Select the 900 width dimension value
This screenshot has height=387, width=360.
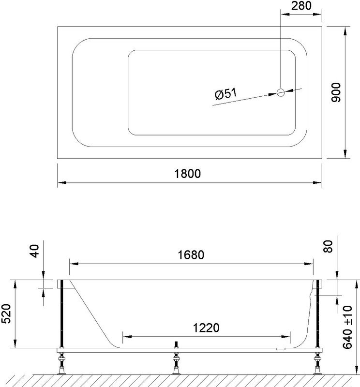pos(337,92)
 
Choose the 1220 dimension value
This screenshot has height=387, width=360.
pos(206,327)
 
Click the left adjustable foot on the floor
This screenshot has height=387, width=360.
pos(61,364)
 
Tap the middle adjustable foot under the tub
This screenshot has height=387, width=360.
pos(176,364)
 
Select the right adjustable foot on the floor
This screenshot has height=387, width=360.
pos(318,364)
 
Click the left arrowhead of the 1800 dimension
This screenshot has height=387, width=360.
pos(61,183)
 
